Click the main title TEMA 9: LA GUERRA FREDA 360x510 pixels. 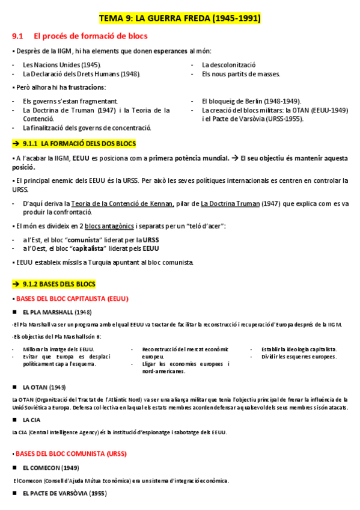(x=180, y=19)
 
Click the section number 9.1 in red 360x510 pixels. (x=17, y=36)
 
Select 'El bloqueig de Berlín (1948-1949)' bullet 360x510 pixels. (x=252, y=101)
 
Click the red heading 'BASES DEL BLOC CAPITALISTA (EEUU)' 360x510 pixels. (x=72, y=298)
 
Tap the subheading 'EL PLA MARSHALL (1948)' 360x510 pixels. (x=56, y=312)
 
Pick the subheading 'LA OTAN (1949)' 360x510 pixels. (x=44, y=386)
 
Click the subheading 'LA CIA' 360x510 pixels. (x=32, y=420)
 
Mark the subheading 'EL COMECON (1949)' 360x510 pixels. (x=50, y=467)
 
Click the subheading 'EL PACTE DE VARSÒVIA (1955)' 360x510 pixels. (x=64, y=494)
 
